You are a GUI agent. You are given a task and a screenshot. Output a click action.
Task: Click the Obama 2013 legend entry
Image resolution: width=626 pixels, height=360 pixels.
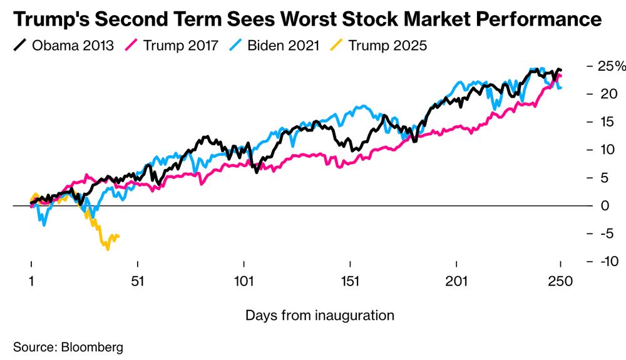tap(62, 46)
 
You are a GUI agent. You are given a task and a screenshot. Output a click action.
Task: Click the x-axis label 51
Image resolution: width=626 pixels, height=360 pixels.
tap(138, 282)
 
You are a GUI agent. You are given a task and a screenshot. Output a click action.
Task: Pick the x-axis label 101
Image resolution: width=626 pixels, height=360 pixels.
tap(244, 282)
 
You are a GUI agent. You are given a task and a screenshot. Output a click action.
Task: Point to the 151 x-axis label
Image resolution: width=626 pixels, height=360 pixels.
tap(351, 282)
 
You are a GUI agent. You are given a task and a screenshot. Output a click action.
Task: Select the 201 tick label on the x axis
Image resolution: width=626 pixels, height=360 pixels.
tap(457, 282)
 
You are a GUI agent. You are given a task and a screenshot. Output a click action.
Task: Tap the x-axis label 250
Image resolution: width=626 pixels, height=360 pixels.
tap(560, 282)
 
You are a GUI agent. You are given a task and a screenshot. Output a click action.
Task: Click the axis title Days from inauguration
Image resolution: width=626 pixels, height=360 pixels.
tap(320, 315)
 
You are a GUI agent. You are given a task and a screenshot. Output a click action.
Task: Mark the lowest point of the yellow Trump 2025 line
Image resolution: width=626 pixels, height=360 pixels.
tap(108, 249)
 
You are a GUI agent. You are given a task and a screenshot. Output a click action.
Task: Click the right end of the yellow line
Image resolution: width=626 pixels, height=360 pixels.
tap(118, 236)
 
